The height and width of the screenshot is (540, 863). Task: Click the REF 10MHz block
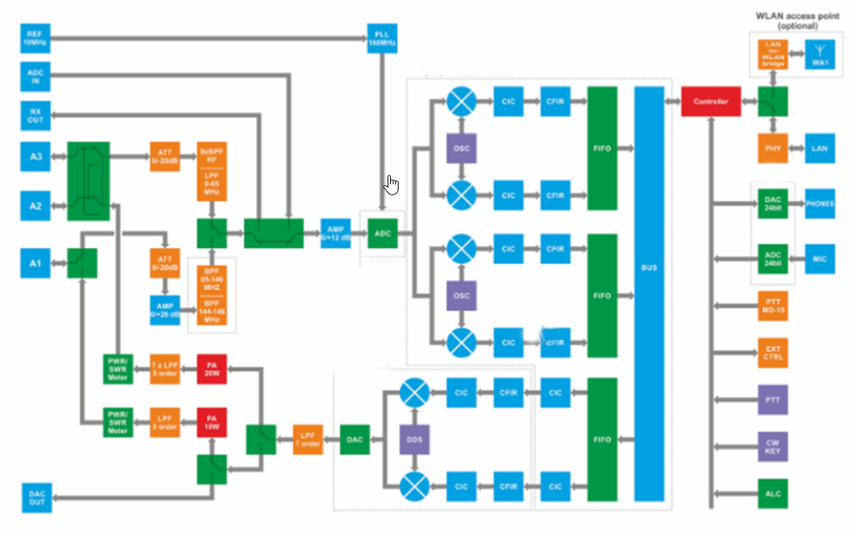36,38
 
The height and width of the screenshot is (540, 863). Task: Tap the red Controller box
710,102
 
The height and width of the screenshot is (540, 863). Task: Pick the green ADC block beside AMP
383,232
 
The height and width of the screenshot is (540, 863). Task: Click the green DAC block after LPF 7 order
354,439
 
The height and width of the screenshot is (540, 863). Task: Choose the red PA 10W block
212,423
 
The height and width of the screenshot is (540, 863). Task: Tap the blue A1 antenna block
36,263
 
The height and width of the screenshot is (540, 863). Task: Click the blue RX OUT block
36,116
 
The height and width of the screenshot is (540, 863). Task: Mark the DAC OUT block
36,498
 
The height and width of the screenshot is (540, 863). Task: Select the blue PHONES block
819,204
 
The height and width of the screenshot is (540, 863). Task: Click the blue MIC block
819,258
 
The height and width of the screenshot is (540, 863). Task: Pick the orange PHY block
772,148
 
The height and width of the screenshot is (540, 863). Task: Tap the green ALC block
772,493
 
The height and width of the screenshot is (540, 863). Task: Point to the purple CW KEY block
772,446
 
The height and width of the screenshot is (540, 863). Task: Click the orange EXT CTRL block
772,352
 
